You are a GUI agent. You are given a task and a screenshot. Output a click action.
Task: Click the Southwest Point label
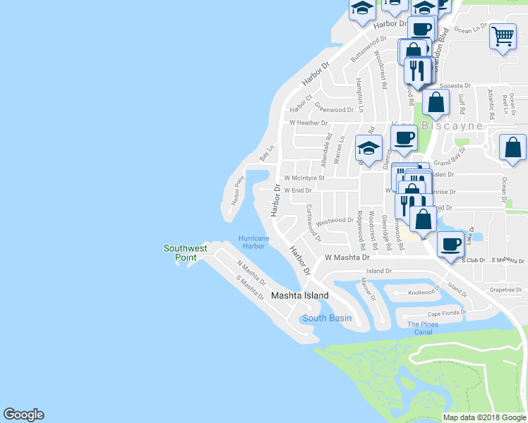click(x=186, y=252)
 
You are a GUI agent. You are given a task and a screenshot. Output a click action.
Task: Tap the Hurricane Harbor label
click(x=254, y=243)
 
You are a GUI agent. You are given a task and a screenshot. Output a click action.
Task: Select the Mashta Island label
click(x=300, y=296)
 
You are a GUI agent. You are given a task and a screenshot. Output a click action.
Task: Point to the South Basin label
click(x=327, y=318)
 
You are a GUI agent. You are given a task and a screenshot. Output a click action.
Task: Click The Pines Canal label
click(x=423, y=328)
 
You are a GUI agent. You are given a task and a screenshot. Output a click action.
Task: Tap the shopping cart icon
click(x=503, y=37)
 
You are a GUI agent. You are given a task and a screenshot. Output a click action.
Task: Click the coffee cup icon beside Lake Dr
click(x=450, y=243)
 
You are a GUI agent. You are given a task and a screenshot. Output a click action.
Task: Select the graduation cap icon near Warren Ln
click(x=367, y=147)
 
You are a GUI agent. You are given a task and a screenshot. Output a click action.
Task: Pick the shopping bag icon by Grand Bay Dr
click(x=512, y=147)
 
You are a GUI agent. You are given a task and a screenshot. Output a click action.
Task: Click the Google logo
click(x=23, y=415)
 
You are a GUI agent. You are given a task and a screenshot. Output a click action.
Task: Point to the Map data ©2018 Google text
click(x=485, y=417)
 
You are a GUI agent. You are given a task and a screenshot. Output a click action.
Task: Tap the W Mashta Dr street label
click(x=347, y=258)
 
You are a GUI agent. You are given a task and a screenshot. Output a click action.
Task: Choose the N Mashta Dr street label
click(x=251, y=271)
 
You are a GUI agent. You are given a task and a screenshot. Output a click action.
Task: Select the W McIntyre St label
click(x=304, y=178)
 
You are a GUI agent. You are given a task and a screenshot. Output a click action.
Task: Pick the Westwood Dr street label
click(x=335, y=221)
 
